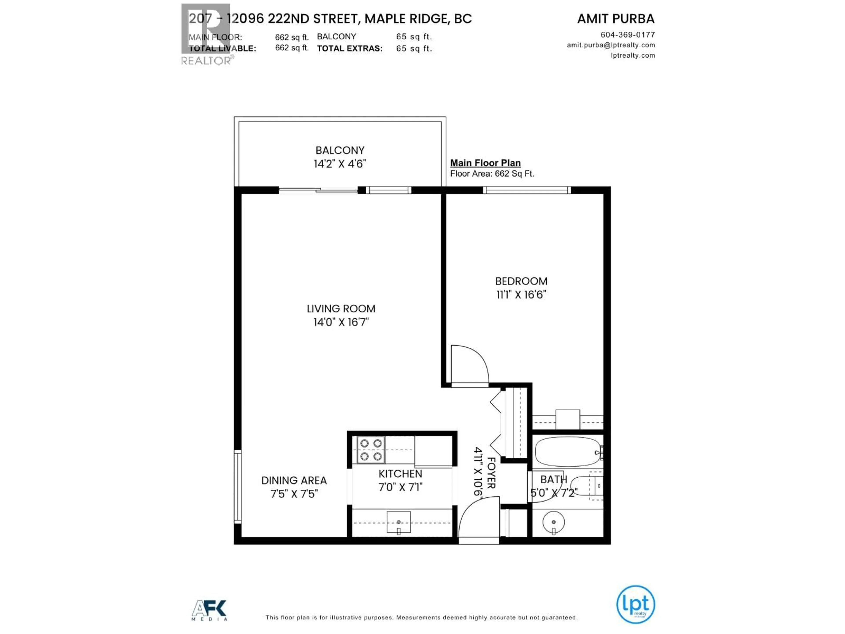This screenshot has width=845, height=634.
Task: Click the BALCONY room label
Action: (x=340, y=150)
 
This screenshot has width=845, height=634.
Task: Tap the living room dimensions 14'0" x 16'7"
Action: (x=341, y=322)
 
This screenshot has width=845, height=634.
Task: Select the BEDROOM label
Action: (x=521, y=281)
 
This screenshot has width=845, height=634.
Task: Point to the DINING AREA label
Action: (x=294, y=480)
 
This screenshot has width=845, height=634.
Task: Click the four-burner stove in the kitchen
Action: (x=371, y=450)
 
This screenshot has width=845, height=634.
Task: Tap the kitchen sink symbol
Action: (x=399, y=522)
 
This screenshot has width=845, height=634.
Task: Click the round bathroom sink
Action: (x=553, y=522)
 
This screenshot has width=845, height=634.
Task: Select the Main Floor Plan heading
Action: (x=485, y=163)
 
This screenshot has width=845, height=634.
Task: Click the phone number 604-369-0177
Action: (x=628, y=35)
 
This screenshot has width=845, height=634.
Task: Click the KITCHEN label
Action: (x=400, y=474)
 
